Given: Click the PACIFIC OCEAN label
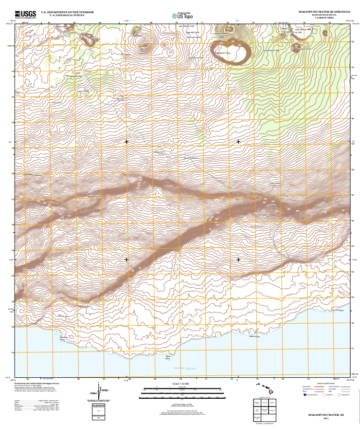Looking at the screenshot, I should pos(185,369).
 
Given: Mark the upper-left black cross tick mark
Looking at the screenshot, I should pos(126,142).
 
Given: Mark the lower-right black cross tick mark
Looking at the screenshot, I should pos(238,259).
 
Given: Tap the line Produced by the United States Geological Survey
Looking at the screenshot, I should pos(37,383).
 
